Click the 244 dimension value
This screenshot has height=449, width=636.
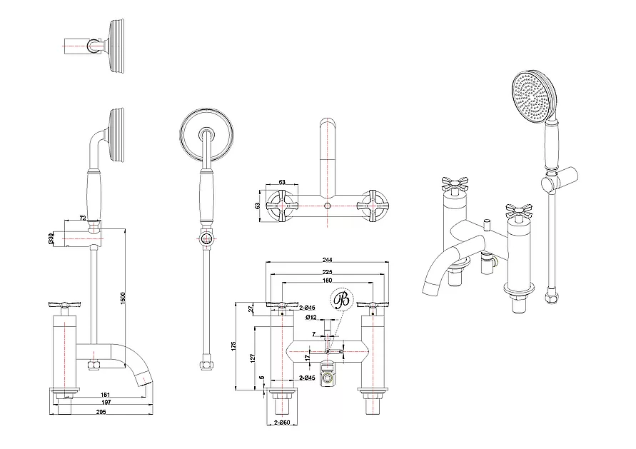(328, 259)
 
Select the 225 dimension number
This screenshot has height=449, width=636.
(328, 271)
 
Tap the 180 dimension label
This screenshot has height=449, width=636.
(328, 281)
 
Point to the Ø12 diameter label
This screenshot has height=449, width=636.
(311, 316)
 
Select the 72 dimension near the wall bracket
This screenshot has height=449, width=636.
(83, 216)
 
